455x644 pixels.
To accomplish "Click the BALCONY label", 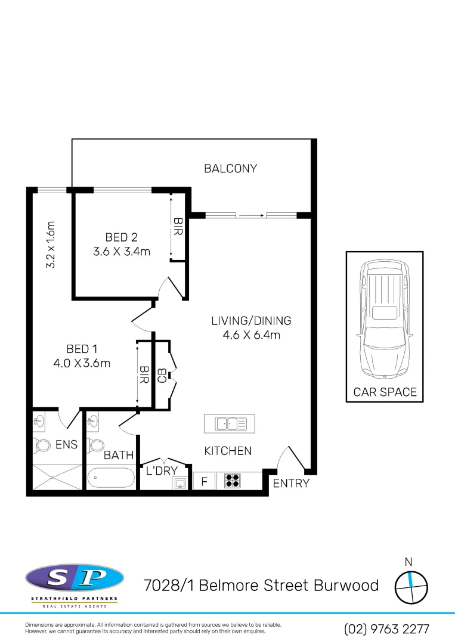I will pyautogui.click(x=230, y=168).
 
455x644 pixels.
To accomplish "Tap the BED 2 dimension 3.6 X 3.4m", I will pyautogui.click(x=121, y=252).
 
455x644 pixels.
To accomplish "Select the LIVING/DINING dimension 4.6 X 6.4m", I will pyautogui.click(x=251, y=335).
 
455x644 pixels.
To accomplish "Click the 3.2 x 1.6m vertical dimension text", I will pyautogui.click(x=51, y=244).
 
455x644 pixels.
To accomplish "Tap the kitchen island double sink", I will pyautogui.click(x=230, y=423).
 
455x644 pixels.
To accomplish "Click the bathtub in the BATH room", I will pyautogui.click(x=112, y=478).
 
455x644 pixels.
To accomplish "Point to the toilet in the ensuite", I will pyautogui.click(x=44, y=445).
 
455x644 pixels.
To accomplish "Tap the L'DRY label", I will pyautogui.click(x=162, y=470).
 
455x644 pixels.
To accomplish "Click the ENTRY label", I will pyautogui.click(x=291, y=483).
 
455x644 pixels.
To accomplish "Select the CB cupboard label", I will pyautogui.click(x=162, y=375).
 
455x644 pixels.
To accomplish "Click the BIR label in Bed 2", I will pyautogui.click(x=177, y=227).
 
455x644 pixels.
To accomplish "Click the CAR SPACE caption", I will pyautogui.click(x=385, y=392).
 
